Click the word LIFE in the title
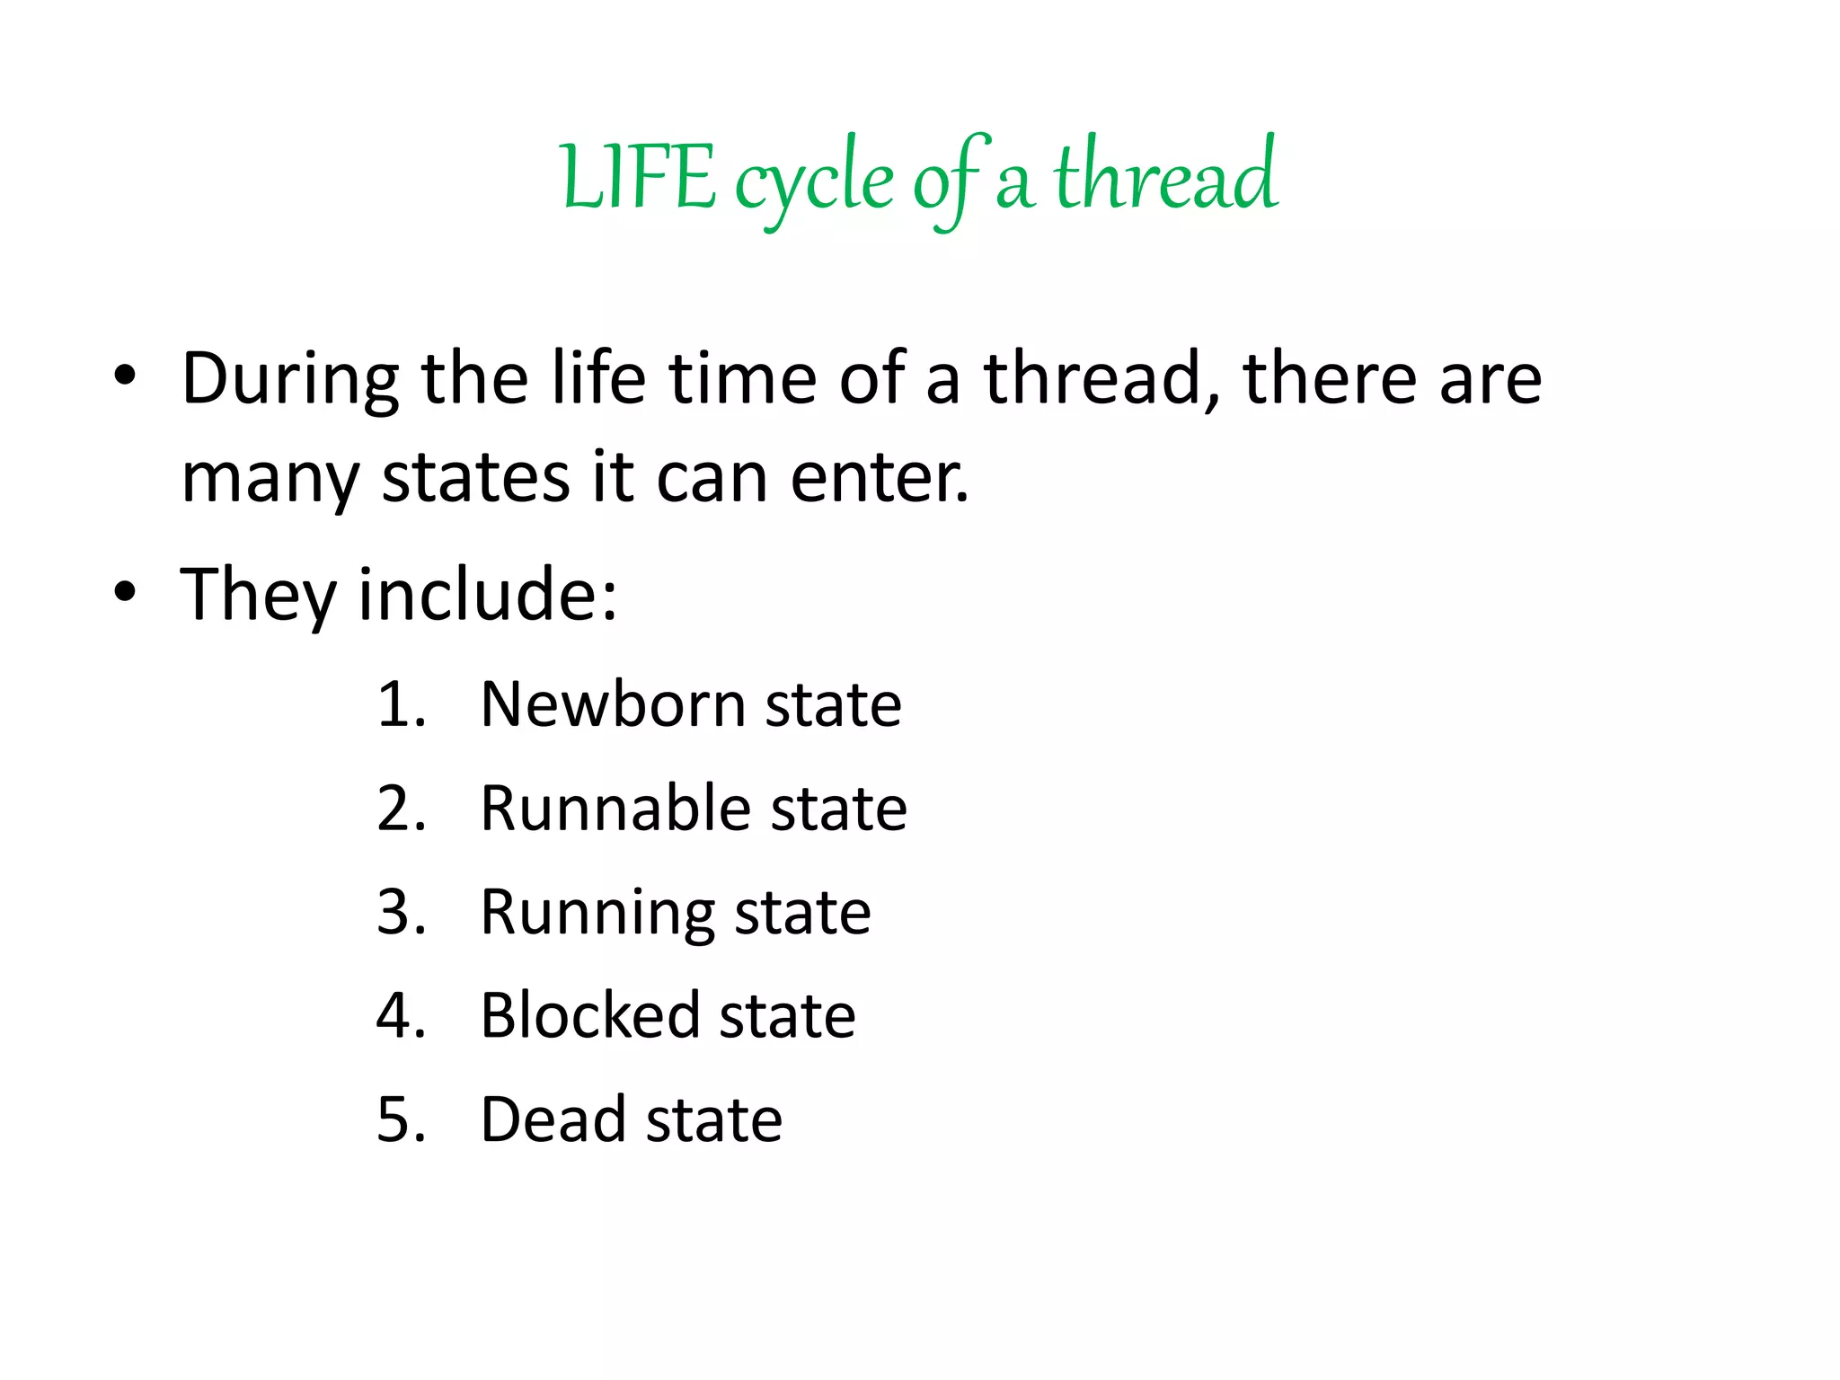coord(638,178)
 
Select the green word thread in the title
coord(1165,176)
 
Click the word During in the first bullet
coord(289,379)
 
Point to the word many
coord(270,479)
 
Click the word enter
coord(879,477)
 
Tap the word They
coord(257,595)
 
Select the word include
coord(488,594)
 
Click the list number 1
coord(401,704)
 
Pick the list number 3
coord(401,912)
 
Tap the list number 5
coord(401,1119)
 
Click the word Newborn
coord(613,704)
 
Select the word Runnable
coord(615,809)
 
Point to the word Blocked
coord(589,1016)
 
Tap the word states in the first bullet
coord(475,477)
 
